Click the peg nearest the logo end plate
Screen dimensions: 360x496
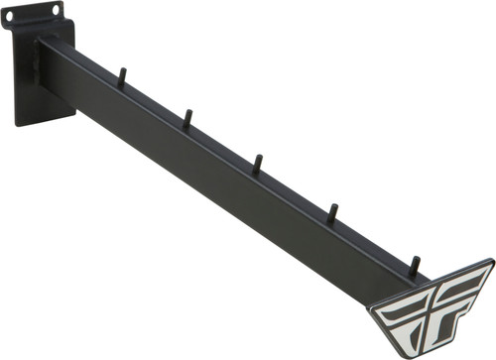(x=414, y=265)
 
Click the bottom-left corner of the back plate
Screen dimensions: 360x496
(x=18, y=122)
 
